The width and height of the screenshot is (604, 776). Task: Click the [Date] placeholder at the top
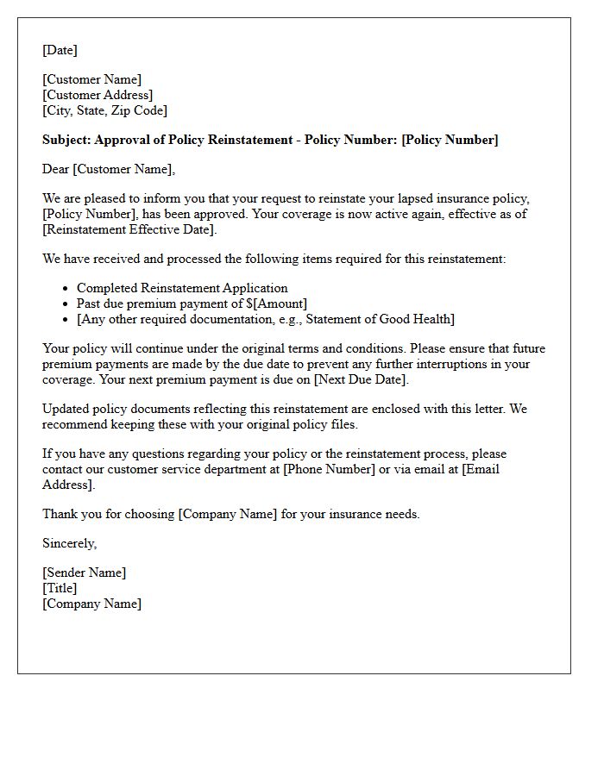click(60, 50)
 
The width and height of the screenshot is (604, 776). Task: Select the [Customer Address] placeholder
click(98, 95)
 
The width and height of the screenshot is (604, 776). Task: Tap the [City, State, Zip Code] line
click(104, 110)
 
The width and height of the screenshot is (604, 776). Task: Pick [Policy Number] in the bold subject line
click(450, 140)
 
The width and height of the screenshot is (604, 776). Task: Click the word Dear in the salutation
click(56, 169)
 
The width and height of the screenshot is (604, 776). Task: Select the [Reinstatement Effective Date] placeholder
click(129, 229)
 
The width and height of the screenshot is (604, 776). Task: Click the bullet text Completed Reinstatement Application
click(182, 288)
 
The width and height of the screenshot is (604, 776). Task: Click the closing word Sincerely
click(69, 543)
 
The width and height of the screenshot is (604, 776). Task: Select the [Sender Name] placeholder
click(84, 573)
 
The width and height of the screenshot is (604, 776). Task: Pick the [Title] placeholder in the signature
click(60, 588)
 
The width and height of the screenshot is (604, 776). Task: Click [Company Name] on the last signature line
click(91, 604)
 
